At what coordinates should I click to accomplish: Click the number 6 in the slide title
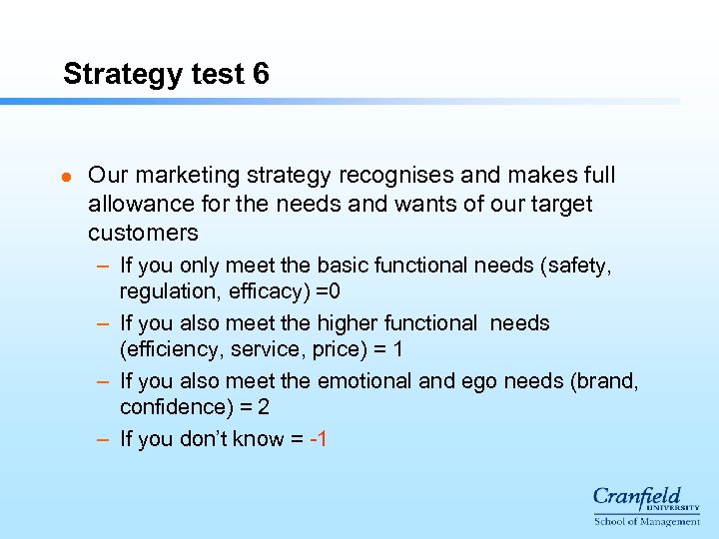point(261,74)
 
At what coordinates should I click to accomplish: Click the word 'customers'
point(143,233)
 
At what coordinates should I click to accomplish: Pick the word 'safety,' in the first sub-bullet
point(576,266)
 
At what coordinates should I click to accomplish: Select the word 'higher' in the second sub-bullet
point(345,323)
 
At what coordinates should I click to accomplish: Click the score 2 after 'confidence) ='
point(263,407)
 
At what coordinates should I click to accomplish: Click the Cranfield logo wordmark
point(636,497)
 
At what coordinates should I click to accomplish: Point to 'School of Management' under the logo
point(647,521)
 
